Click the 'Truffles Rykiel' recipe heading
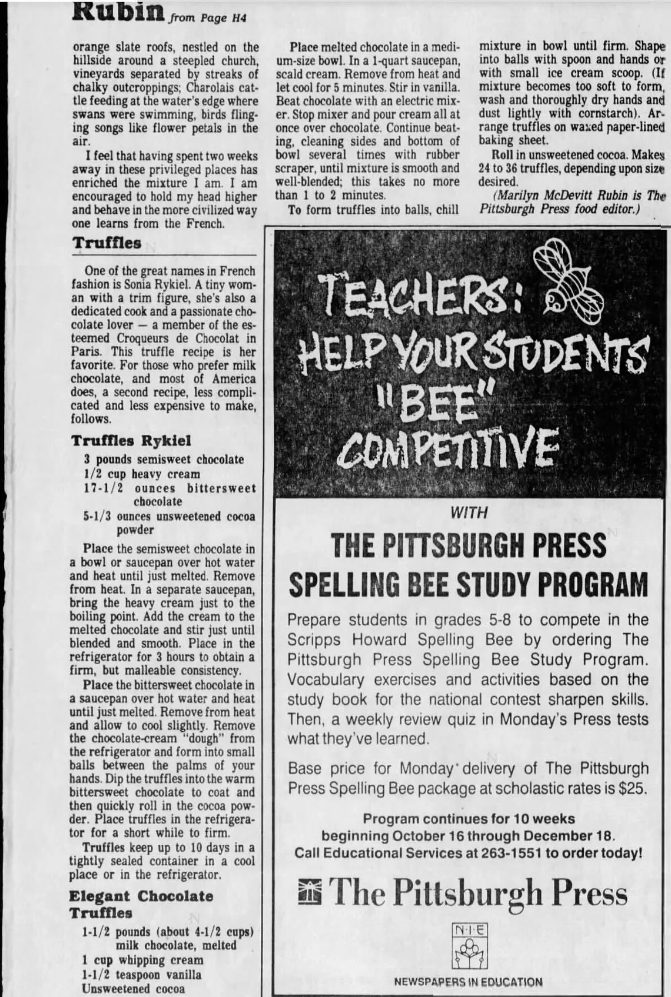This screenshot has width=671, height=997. (x=131, y=440)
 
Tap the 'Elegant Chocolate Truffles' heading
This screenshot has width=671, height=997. (x=141, y=904)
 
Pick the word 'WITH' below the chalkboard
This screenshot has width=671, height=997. (x=469, y=513)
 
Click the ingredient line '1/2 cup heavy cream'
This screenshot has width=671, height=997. (x=142, y=474)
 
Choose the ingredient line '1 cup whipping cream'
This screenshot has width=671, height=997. (x=142, y=960)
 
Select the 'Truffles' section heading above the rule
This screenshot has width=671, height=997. (x=106, y=243)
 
